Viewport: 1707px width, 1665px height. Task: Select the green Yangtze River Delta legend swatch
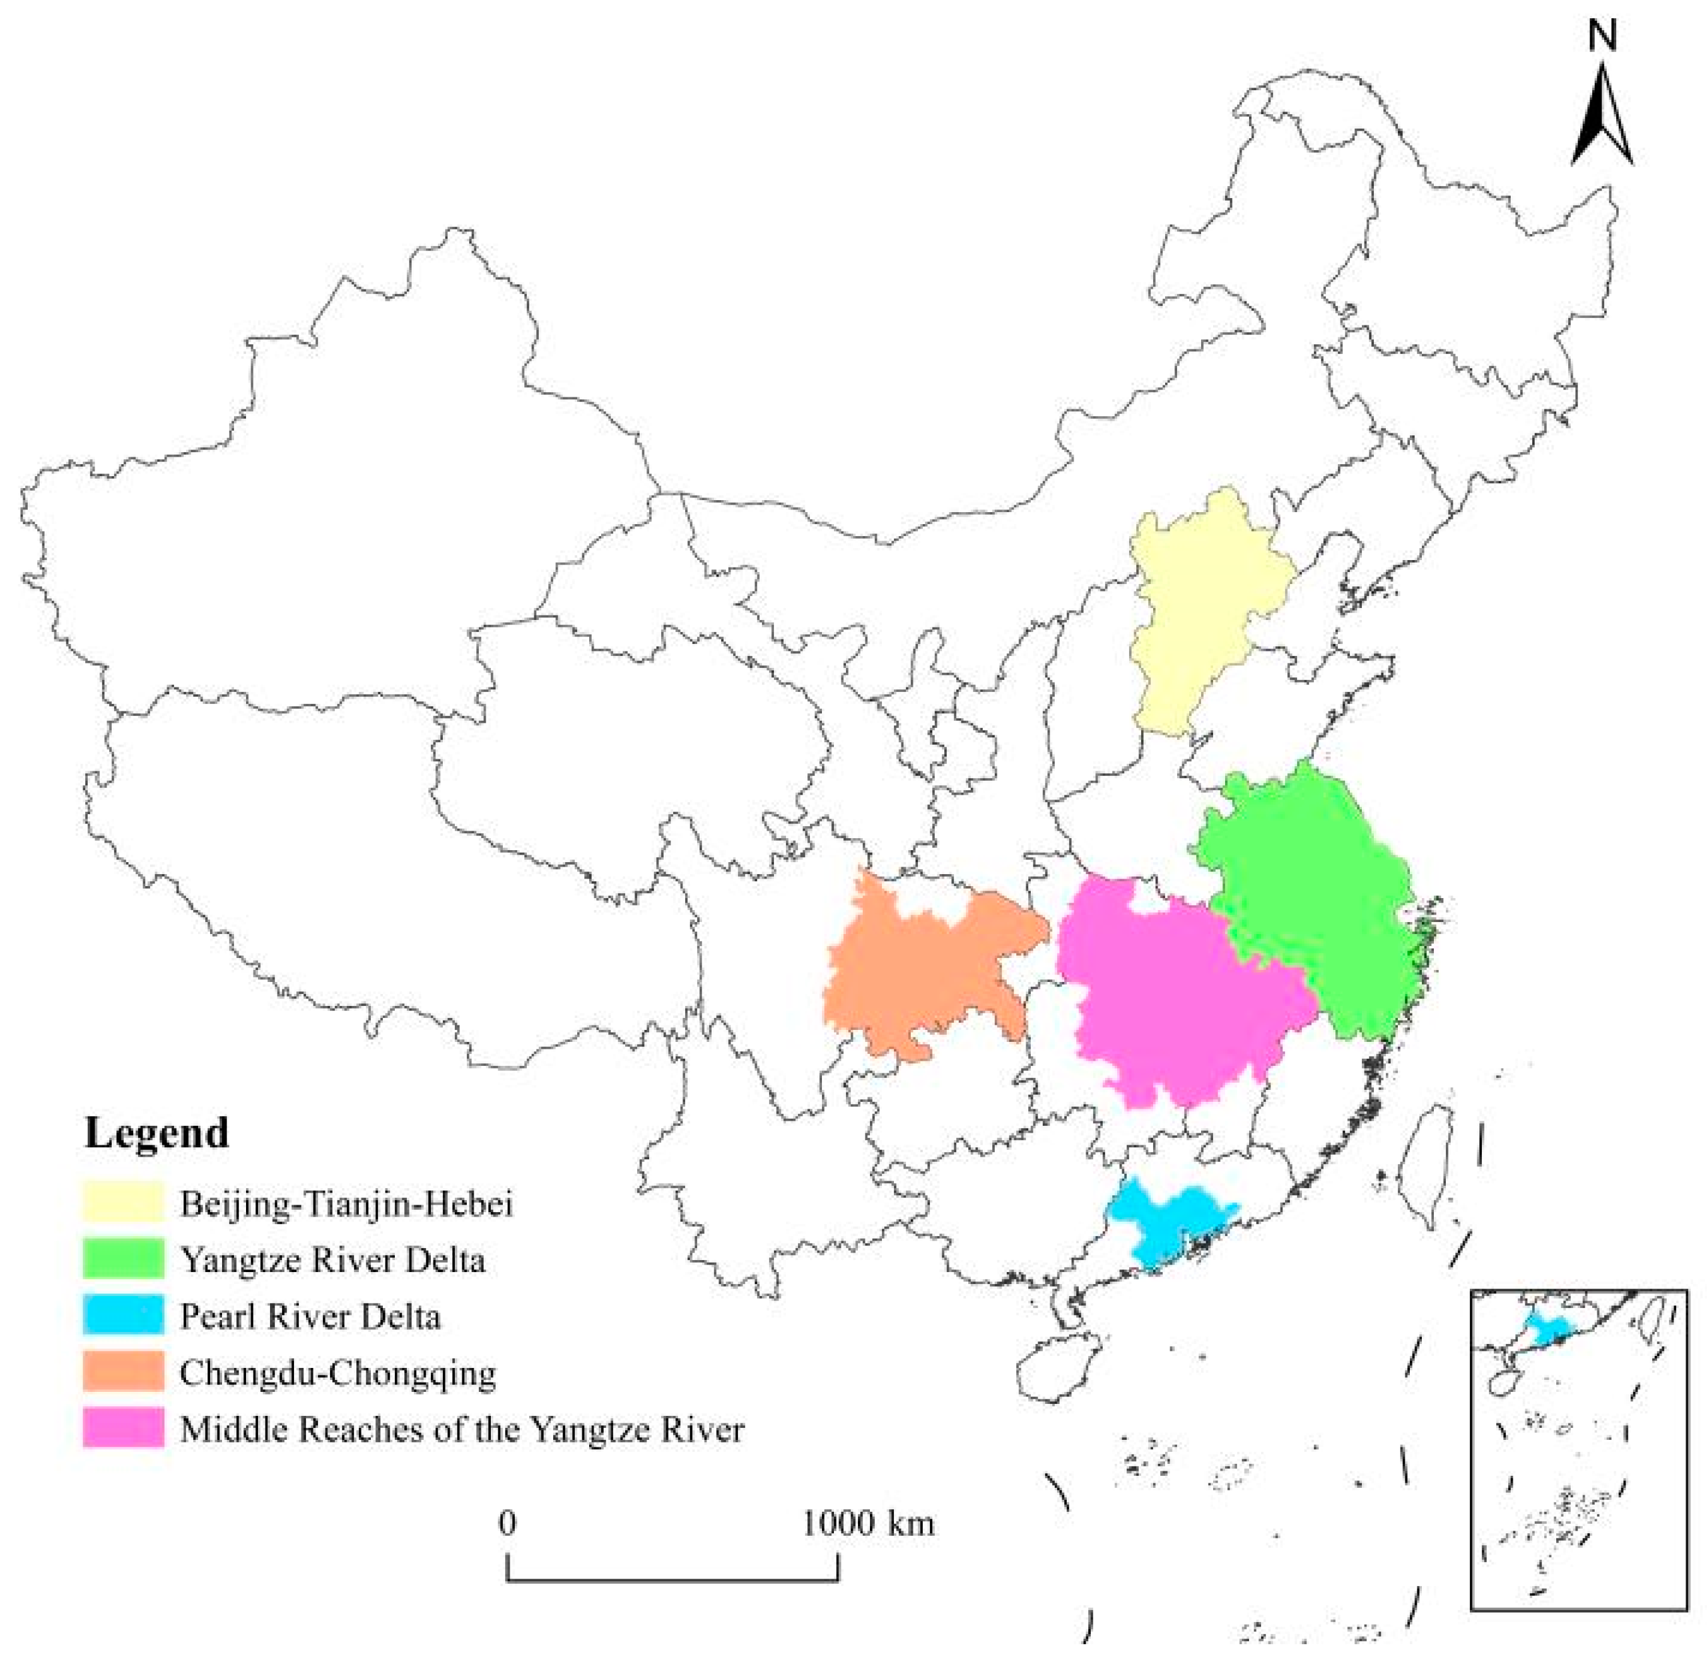(x=123, y=1258)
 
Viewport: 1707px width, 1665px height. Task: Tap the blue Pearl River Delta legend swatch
(x=123, y=1314)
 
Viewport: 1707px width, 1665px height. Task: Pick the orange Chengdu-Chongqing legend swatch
(x=123, y=1370)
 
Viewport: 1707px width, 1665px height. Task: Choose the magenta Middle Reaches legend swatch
(x=123, y=1427)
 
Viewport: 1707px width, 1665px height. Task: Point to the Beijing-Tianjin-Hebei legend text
(x=346, y=1203)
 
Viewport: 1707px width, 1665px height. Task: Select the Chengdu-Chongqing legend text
(x=337, y=1373)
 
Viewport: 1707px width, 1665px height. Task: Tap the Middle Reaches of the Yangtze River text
(x=462, y=1429)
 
